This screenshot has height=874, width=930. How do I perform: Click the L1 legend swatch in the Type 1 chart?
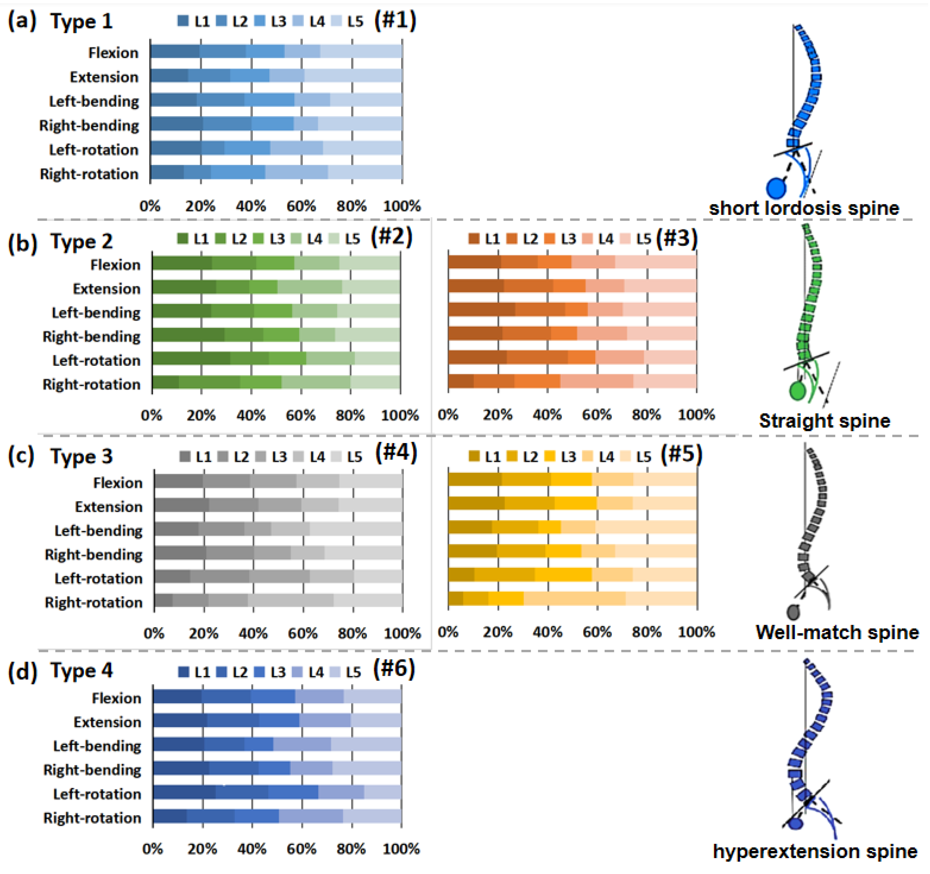tap(183, 21)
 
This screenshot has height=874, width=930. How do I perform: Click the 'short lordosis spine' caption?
tap(804, 208)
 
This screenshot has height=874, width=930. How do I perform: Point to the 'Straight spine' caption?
tap(824, 421)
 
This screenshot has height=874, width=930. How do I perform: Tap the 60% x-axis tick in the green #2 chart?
tap(300, 415)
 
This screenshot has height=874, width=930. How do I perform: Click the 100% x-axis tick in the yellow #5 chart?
tap(696, 632)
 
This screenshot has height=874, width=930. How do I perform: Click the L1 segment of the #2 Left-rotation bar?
tap(191, 359)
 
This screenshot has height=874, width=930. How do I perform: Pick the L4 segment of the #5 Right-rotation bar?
tap(574, 599)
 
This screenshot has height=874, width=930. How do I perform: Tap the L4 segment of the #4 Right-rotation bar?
tap(291, 600)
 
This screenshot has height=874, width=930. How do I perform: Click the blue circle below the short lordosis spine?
tap(776, 188)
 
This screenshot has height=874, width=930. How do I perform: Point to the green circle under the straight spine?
tap(797, 391)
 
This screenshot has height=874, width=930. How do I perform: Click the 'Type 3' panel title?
tap(82, 456)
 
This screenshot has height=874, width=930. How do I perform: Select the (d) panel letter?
tap(22, 672)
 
